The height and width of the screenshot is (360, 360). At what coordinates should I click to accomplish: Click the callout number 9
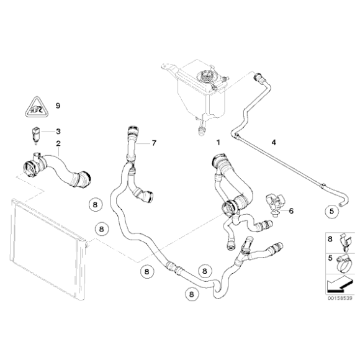pyautogui.click(x=58, y=106)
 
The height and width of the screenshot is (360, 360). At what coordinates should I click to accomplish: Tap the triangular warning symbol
pyautogui.click(x=33, y=110)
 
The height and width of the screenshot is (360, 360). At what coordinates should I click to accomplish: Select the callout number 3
pyautogui.click(x=58, y=132)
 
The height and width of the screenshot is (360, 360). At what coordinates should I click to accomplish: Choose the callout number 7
pyautogui.click(x=155, y=143)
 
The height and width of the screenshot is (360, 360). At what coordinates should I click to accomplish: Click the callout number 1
pyautogui.click(x=218, y=142)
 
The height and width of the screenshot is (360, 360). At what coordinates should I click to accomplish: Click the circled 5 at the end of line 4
pyautogui.click(x=333, y=210)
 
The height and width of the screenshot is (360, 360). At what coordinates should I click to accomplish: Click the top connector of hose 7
pyautogui.click(x=131, y=131)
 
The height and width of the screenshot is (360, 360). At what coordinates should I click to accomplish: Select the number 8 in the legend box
pyautogui.click(x=330, y=237)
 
